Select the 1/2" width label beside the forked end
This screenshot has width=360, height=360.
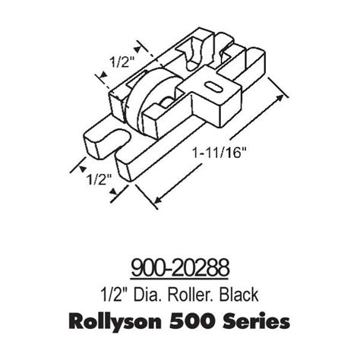(96, 180)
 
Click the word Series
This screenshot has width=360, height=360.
(254, 321)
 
